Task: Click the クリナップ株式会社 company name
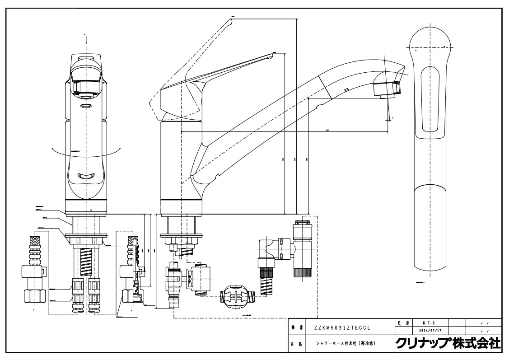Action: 448,343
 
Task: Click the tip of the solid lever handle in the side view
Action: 272,55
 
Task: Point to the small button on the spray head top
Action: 346,90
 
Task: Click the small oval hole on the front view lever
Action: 86,107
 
